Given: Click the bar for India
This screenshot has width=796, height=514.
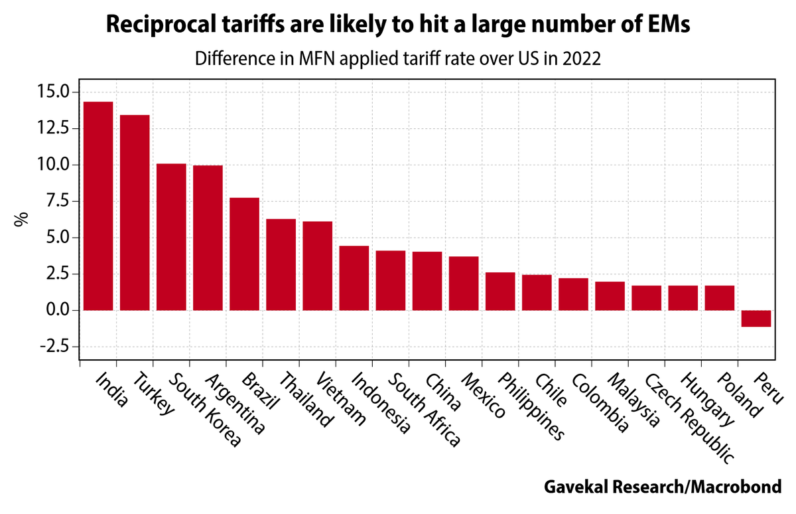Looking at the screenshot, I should (98, 206).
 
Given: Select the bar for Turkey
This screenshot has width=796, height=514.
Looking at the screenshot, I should (134, 213).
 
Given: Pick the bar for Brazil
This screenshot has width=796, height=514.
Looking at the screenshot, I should (244, 254).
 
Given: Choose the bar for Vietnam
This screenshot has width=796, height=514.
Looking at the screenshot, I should (317, 266).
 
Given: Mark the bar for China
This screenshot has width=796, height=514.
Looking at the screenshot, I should (427, 281).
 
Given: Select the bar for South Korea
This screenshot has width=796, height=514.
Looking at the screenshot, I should (171, 237).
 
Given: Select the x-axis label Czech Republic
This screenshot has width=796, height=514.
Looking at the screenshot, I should (690, 417).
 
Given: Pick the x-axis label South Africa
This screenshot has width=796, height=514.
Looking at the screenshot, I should (424, 409).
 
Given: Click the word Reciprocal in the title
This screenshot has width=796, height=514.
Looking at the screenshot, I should (156, 25).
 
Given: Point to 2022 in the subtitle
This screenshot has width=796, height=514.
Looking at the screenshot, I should (582, 58).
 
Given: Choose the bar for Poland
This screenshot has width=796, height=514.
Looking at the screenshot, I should (719, 298).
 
